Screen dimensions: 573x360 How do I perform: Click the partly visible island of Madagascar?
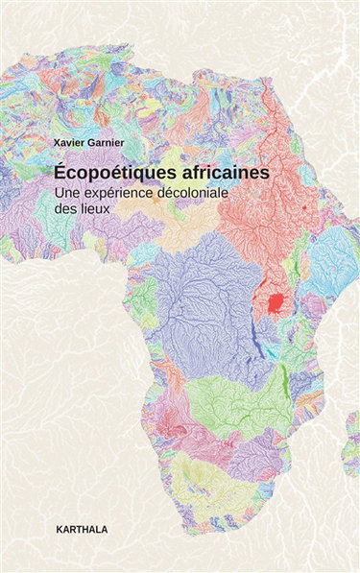[352, 432]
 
